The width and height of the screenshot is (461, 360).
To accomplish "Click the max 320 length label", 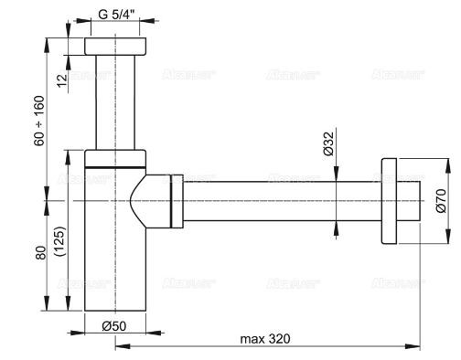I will click(265, 339).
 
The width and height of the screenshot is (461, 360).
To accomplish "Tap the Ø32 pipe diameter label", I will click(327, 146).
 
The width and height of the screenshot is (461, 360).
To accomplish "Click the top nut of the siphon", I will click(115, 48).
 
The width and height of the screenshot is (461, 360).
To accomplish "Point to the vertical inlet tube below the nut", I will click(115, 101).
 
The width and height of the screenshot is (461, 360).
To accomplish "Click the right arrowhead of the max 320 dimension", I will click(417, 347).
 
